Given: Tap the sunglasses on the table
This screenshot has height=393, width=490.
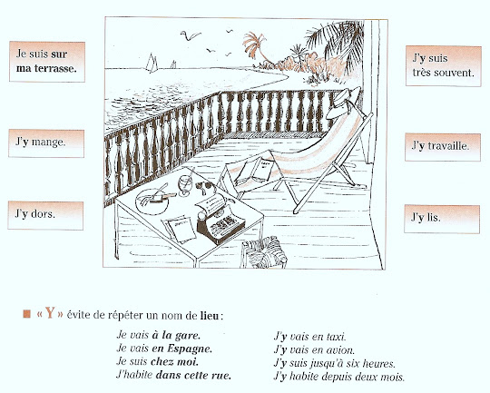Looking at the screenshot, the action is [x=205, y=187].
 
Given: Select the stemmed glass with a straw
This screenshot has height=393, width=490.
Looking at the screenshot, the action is [x=185, y=184].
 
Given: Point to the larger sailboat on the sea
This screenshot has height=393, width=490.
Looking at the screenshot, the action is [x=152, y=63].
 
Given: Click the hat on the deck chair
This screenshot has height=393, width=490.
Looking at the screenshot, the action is [x=343, y=103].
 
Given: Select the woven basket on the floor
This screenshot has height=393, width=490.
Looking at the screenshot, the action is [x=264, y=252].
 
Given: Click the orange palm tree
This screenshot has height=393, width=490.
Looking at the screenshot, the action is [x=256, y=48].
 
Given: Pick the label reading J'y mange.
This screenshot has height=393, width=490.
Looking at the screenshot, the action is [x=46, y=143].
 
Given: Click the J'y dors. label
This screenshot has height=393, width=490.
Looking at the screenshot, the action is [x=45, y=215].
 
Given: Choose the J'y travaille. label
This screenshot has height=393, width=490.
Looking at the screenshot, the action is [x=443, y=147].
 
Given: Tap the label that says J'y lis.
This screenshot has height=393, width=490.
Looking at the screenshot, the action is [x=442, y=219].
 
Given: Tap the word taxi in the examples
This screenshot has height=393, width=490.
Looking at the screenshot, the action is [x=336, y=337].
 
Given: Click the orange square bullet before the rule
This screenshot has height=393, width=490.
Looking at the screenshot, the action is [x=27, y=314].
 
